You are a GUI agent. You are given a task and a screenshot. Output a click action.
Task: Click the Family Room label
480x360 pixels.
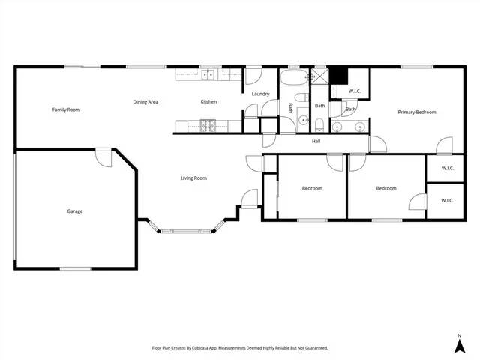(x=66, y=109)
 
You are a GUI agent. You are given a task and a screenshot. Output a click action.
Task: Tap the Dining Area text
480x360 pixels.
(x=145, y=102)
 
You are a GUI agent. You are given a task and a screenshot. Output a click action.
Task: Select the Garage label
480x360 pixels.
(x=74, y=211)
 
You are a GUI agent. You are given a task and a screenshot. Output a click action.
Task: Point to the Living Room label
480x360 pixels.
(x=193, y=178)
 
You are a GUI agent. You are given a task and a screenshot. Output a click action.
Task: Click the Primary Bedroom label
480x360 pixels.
(x=416, y=112)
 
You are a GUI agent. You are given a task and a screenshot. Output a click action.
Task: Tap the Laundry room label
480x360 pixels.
(x=260, y=94)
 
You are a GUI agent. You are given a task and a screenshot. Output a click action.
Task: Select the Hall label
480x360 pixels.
(x=316, y=140)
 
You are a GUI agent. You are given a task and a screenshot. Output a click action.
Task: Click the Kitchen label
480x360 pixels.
(x=208, y=102)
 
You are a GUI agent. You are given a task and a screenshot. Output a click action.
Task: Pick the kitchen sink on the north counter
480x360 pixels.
(x=206, y=73)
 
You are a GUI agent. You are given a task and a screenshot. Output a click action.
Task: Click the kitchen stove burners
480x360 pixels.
(x=206, y=124)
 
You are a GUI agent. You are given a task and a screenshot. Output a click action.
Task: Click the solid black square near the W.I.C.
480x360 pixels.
(x=339, y=76)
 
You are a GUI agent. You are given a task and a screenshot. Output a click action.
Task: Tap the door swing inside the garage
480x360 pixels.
(x=103, y=158)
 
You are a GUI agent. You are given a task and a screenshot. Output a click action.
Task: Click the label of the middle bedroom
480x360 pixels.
(x=312, y=188)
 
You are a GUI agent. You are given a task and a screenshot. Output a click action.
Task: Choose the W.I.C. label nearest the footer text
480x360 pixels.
(x=447, y=200)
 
